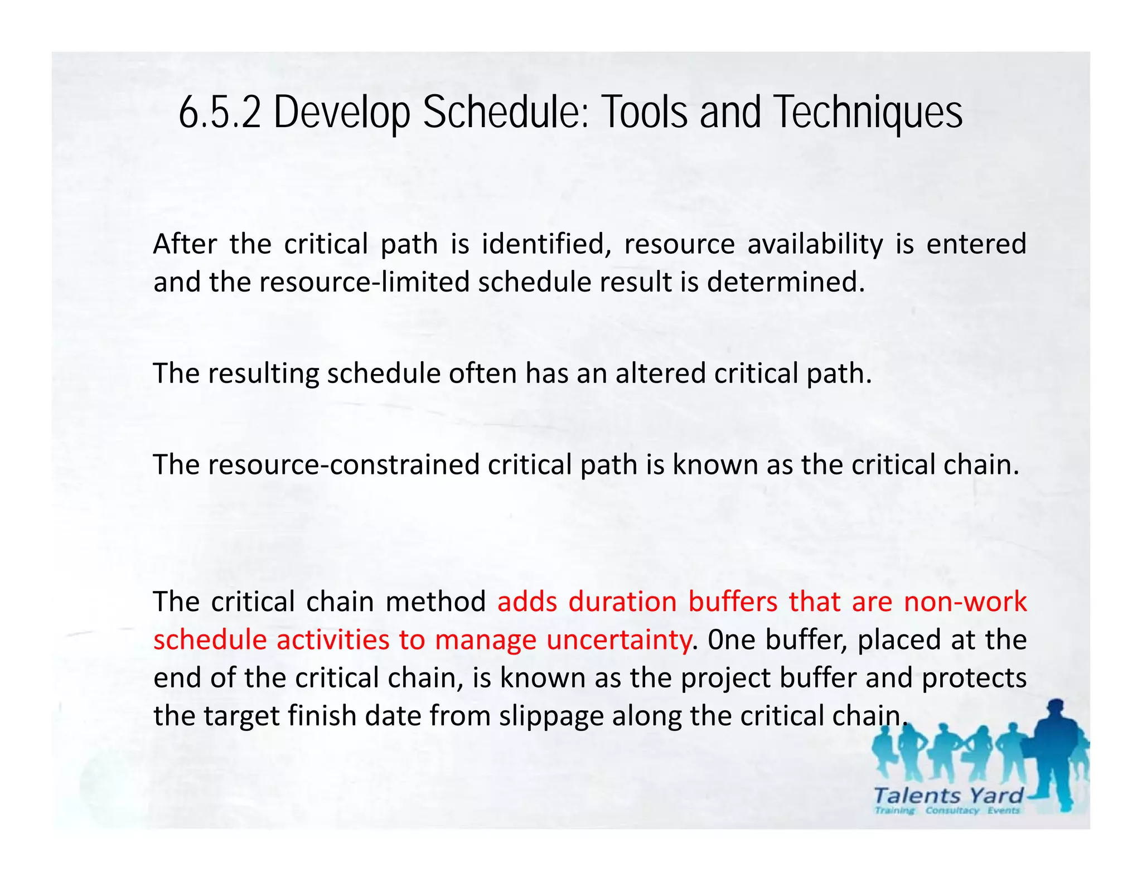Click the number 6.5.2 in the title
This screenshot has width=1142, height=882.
[220, 113]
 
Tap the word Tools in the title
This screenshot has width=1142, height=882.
[646, 113]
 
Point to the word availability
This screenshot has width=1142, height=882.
[815, 244]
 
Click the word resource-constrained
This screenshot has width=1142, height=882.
[343, 465]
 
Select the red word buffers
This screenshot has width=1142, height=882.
[732, 602]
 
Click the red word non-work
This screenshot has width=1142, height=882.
[965, 602]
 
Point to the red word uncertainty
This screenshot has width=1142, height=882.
[618, 640]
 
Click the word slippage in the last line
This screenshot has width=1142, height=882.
[551, 716]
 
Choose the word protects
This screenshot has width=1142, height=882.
[974, 679]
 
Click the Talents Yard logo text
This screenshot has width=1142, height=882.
[948, 796]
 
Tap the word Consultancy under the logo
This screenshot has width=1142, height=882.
[952, 811]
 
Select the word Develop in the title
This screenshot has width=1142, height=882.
[341, 113]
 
